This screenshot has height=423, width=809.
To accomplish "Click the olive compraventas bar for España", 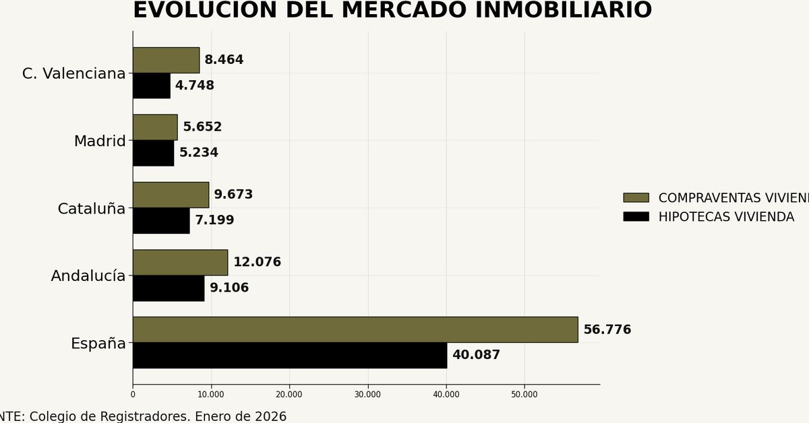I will [x=355, y=329].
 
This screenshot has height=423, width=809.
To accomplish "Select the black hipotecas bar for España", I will [x=289, y=355].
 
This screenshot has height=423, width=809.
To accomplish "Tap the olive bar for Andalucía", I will [x=180, y=262].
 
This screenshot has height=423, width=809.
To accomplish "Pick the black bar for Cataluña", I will [x=161, y=220].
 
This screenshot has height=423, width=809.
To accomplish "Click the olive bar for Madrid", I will [x=155, y=127].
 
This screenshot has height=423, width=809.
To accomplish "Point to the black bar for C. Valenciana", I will [x=151, y=86].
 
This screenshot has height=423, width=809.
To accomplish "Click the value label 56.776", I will [x=607, y=329].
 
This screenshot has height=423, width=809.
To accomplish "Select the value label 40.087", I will [x=476, y=355].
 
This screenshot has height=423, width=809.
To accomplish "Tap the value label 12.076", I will [x=257, y=262].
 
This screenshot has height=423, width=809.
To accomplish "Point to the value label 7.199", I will [x=214, y=220].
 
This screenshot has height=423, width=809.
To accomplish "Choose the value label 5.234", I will [x=198, y=153].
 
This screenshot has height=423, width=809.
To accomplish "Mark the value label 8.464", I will [x=224, y=60].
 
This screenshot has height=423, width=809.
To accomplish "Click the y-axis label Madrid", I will [x=100, y=141].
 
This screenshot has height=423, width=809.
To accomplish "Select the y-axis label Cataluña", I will [x=92, y=209].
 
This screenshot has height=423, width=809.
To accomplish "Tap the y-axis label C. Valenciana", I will [x=74, y=73].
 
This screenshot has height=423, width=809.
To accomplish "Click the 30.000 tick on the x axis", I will [x=368, y=394].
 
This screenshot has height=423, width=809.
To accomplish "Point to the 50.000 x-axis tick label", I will [x=525, y=394].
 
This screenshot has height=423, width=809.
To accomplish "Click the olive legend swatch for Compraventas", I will [x=636, y=197].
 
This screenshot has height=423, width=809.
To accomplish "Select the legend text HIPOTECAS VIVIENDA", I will [x=726, y=217].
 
